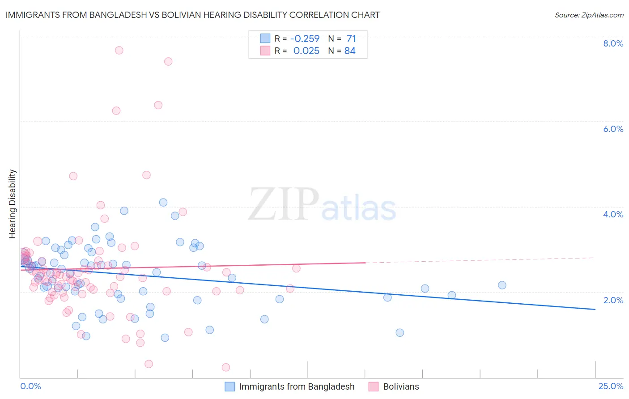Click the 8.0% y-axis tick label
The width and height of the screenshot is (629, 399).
pos(613,43)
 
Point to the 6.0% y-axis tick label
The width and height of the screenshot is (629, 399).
pos(613,129)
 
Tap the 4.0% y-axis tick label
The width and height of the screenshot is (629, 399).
pos(613,214)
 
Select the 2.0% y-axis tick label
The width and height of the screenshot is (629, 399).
pos(613,300)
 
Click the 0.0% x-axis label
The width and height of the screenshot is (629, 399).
pos(30,386)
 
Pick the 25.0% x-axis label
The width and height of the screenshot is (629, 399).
pos(611,386)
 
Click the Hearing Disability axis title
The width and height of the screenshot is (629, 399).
pos(13,204)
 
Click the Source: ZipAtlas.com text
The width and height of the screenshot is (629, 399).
pos(589,15)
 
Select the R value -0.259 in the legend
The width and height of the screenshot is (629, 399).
pos(305,38)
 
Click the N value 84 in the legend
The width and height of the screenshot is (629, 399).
pos(350,51)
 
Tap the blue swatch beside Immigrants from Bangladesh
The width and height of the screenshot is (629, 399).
pos(230,386)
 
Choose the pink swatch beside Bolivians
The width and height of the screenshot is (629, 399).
pos(374,386)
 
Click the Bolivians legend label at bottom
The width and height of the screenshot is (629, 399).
pos(401,386)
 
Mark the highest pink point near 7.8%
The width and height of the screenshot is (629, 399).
pos(119,50)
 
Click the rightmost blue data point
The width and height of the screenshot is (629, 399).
pos(502,285)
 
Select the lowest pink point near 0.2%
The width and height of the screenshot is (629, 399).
pos(226,367)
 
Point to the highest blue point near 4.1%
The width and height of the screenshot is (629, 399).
pos(163,203)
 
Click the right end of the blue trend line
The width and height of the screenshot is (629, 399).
pos(595,309)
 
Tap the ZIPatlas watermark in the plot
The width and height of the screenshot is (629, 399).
pos(322,205)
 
